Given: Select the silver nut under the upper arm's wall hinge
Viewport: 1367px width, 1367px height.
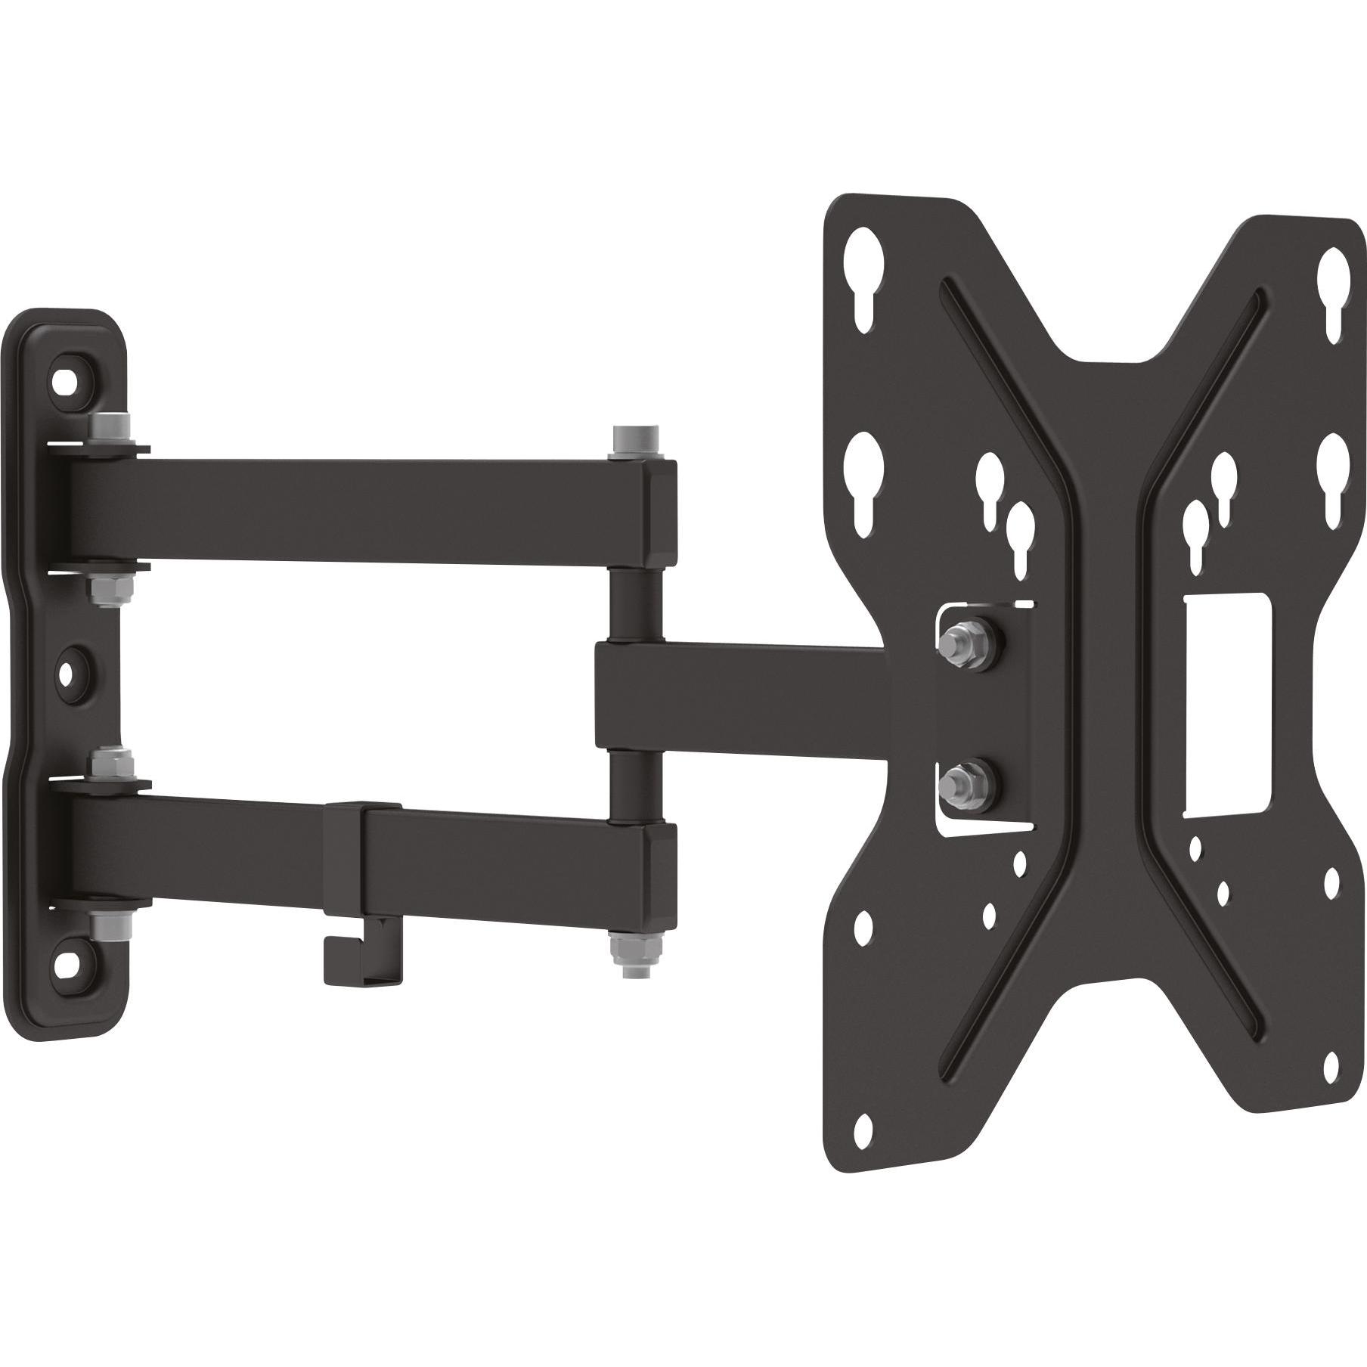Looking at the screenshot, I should coord(104,587).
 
